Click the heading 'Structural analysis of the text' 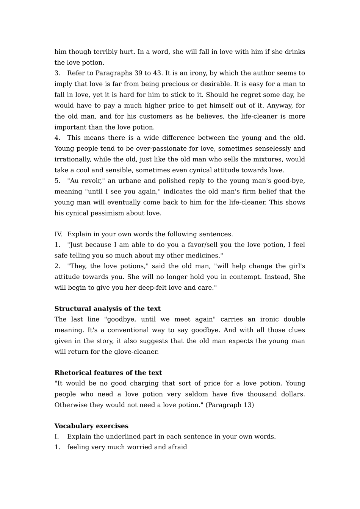107,309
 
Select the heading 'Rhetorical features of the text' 108,373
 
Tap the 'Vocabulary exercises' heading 91,426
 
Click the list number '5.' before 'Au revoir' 58,181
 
